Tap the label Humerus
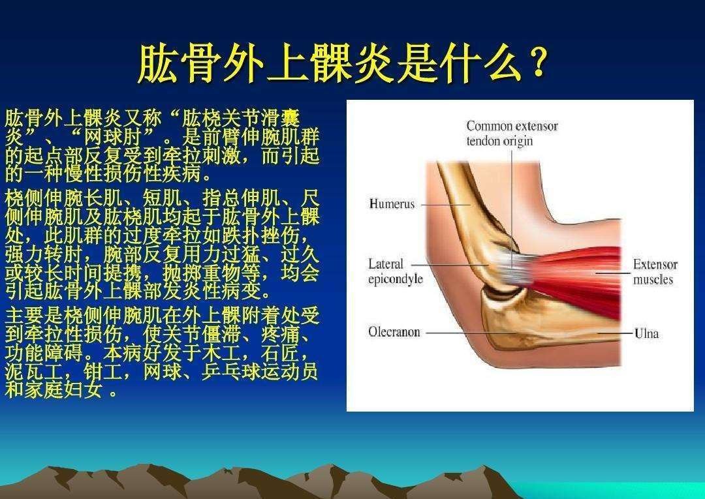tap(392, 204)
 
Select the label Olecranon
tap(394, 332)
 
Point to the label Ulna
tap(646, 333)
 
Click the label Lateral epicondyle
tap(396, 271)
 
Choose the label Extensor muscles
tap(655, 272)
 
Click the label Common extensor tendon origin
tap(512, 133)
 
